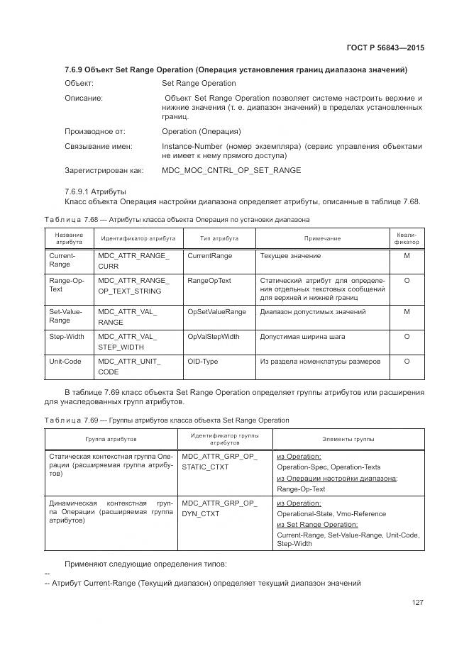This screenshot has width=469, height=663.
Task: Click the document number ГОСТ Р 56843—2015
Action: click(x=385, y=48)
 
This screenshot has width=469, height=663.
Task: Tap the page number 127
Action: click(x=417, y=603)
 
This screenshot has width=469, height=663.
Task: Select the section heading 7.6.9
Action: click(x=236, y=69)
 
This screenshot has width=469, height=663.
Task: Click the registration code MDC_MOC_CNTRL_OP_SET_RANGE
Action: click(x=231, y=171)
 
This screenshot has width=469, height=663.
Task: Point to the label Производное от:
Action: click(x=95, y=131)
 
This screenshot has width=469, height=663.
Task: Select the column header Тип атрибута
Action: click(x=219, y=239)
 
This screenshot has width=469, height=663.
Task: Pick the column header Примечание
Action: click(x=323, y=239)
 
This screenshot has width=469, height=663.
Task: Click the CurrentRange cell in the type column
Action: click(x=209, y=256)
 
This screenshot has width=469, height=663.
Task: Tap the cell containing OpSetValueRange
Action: click(x=216, y=312)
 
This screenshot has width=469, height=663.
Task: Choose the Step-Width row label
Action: click(x=67, y=337)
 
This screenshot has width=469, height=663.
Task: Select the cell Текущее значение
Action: click(x=290, y=256)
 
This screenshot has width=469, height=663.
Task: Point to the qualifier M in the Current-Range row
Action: click(x=407, y=256)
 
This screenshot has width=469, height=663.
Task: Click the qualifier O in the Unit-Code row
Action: click(x=407, y=362)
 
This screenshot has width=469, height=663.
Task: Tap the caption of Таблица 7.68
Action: click(x=177, y=220)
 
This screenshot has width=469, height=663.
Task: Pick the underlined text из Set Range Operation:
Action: click(x=317, y=524)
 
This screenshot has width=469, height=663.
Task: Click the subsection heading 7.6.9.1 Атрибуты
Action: click(x=95, y=191)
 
